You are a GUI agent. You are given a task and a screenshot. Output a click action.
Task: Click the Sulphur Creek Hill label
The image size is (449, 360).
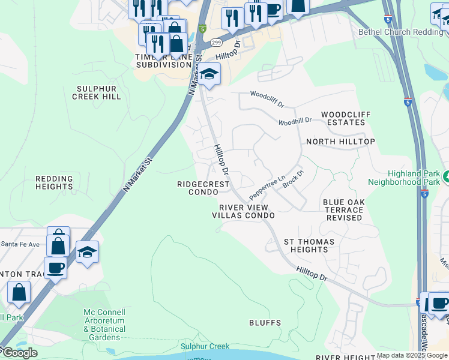click(x=97, y=92)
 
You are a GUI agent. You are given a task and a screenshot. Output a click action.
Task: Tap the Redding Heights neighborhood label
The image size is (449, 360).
click(x=54, y=182)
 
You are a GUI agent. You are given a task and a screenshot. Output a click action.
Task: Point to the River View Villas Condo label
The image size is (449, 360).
click(x=243, y=211)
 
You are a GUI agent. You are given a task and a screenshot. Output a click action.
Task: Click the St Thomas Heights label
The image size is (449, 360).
click(x=309, y=245)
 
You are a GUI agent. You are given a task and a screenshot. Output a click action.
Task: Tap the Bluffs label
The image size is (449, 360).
click(x=265, y=323)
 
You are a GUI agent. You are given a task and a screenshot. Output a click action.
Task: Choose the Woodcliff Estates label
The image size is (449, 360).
click(x=346, y=118)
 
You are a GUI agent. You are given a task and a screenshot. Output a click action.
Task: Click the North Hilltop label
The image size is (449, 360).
click(x=340, y=142)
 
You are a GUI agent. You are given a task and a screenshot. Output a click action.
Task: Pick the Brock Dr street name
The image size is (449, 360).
click(x=294, y=178)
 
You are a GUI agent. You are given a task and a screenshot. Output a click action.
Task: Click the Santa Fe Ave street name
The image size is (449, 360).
click(x=20, y=244)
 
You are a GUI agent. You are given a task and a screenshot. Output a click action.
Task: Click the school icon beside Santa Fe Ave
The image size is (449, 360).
click(x=87, y=253)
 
